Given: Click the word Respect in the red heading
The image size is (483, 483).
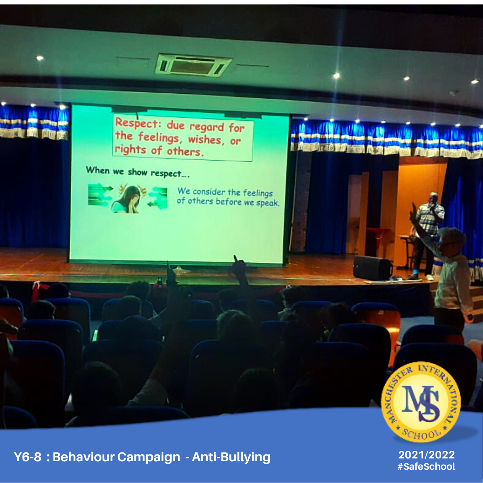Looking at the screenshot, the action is point(136,124).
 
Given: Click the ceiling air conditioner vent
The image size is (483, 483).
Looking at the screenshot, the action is point(194,65).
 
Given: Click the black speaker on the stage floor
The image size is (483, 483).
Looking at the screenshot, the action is point(372,268).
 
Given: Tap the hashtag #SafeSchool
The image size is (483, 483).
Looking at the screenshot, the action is point(426,466).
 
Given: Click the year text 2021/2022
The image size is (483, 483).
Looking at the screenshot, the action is point(426,455).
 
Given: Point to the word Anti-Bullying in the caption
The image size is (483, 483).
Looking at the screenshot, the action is point(231,457).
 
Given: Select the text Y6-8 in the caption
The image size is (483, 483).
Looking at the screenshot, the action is point(28,457).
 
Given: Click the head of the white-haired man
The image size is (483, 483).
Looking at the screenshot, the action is point(452,240).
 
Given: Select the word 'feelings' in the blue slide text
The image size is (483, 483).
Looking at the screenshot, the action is point(258,193).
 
